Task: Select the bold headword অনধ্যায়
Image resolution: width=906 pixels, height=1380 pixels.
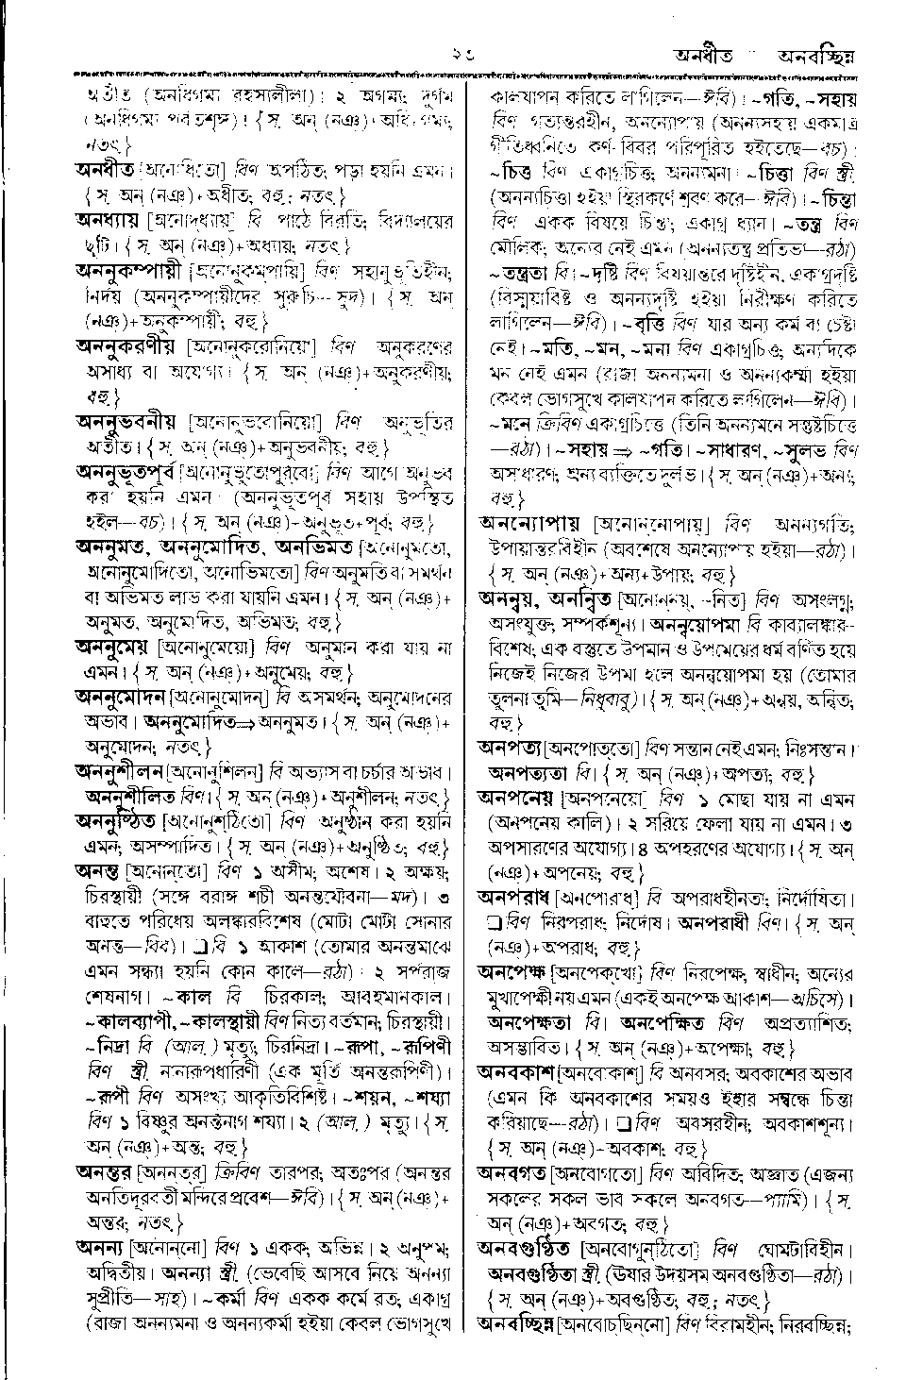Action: (x=108, y=221)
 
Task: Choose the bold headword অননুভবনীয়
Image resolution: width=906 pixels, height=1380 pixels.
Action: (x=128, y=419)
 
